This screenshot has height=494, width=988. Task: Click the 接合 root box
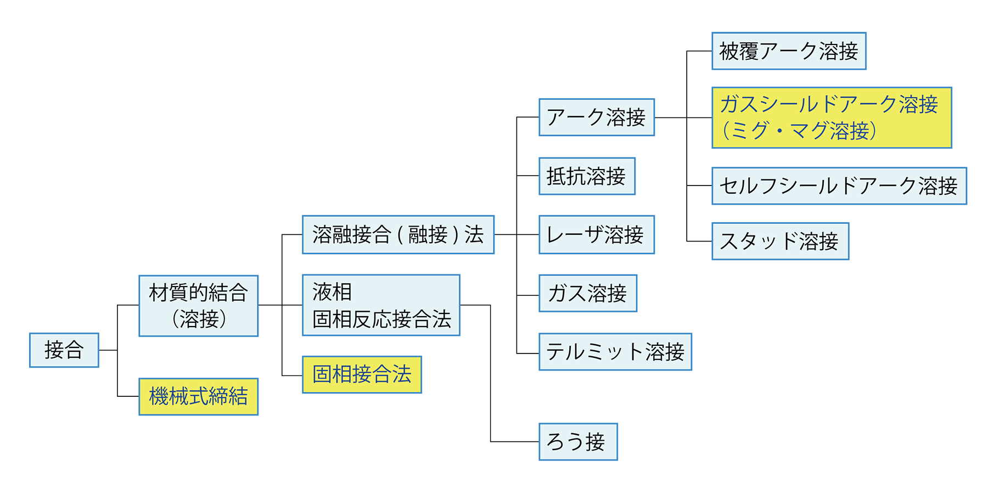tap(64, 350)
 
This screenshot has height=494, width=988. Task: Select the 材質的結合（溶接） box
tap(198, 306)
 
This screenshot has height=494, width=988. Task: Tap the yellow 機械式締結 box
tap(198, 396)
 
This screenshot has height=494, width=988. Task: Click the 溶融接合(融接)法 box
tap(398, 235)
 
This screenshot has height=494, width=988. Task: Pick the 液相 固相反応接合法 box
tap(381, 305)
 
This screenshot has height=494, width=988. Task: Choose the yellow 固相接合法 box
tap(362, 374)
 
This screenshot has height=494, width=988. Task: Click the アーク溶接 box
tap(596, 117)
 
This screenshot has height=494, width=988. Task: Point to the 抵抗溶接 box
tap(586, 176)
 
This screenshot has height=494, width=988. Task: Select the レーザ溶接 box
tap(596, 235)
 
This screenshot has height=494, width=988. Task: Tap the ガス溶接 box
tap(587, 293)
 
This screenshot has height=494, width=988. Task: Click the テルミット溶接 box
tap(615, 352)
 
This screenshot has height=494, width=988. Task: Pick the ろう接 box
tap(577, 441)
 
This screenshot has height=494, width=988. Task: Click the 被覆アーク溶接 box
tap(788, 51)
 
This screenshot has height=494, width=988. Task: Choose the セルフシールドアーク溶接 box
tap(838, 186)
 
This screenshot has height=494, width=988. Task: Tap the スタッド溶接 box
tap(779, 241)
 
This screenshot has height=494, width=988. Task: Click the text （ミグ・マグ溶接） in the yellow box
tap(799, 131)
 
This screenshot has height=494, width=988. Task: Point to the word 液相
tap(332, 291)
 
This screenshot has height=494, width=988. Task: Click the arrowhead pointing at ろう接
tap(531, 442)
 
